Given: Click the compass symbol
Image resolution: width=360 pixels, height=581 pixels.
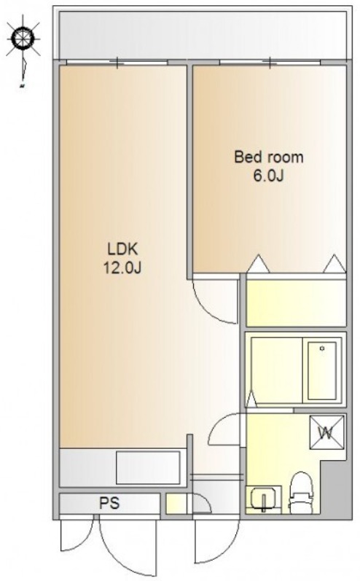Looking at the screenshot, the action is [23, 37].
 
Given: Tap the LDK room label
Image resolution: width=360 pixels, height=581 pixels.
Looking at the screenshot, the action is [122, 249].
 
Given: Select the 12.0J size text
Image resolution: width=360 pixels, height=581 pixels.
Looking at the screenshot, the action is [122, 268].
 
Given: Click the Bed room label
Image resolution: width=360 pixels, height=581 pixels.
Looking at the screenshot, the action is [269, 157].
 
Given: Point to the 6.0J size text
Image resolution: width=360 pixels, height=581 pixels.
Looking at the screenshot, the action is [268, 176].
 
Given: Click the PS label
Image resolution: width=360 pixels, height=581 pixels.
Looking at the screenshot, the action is [109, 503].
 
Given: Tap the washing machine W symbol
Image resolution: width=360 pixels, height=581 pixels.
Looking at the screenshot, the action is [326, 432].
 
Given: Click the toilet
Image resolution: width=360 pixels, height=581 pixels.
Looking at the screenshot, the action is [300, 494].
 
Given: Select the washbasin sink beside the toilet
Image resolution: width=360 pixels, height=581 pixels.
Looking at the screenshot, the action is [263, 499].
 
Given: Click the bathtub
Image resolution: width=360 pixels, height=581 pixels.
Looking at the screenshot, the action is [322, 370].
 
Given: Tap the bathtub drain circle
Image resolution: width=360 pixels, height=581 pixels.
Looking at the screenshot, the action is [322, 348].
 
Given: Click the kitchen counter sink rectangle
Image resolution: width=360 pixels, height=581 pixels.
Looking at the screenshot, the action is [148, 467].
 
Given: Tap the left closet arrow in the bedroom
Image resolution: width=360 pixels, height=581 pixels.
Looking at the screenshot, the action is [258, 264].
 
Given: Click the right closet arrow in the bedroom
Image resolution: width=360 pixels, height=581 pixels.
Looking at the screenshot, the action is [334, 264].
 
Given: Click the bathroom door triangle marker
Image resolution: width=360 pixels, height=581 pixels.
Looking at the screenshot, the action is [251, 399].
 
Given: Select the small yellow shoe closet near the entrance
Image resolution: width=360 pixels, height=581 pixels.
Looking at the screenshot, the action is [176, 503].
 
